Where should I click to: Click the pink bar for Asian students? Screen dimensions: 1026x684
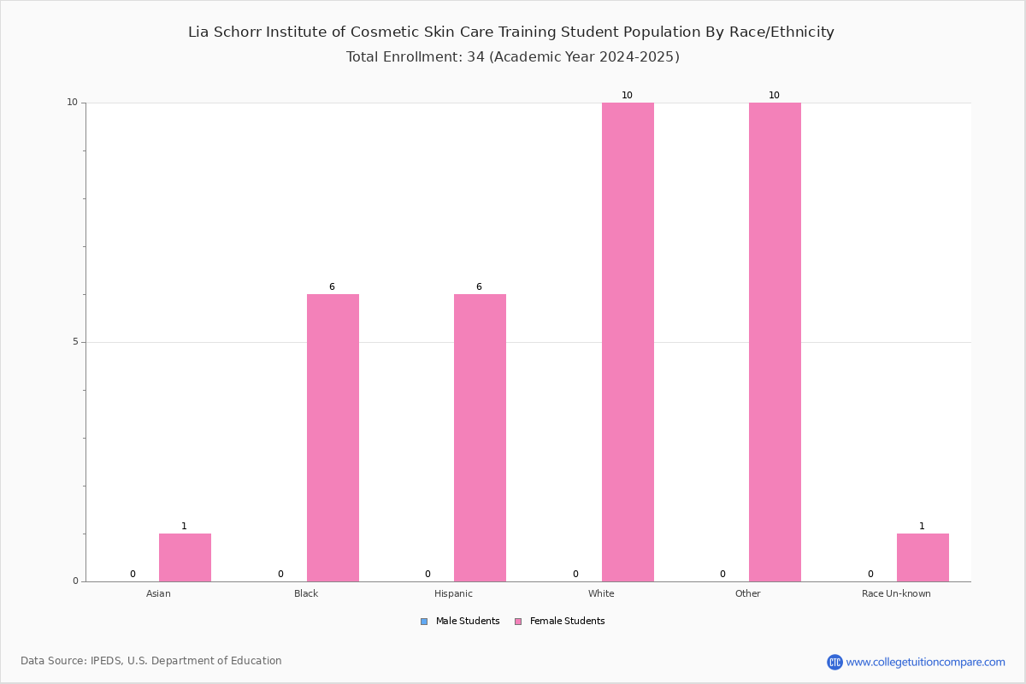point(185,557)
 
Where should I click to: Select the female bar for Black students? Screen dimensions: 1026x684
point(333,438)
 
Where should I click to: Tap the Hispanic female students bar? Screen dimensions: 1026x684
point(480,438)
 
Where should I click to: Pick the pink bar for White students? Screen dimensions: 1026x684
point(628,342)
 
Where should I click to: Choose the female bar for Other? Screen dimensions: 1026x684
point(775,342)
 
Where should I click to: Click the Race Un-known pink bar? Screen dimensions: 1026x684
point(923,557)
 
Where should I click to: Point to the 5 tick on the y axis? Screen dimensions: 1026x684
point(75,342)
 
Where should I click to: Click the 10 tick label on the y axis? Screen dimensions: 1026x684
point(73,102)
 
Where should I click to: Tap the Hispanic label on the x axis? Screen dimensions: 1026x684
point(453,593)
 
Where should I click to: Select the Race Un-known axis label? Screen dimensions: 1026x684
point(896,593)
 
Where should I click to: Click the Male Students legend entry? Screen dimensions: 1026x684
point(460,622)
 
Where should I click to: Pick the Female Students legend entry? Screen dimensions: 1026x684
point(560,622)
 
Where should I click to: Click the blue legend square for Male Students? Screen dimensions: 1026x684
point(424,622)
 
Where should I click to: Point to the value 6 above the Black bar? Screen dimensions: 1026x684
point(332,286)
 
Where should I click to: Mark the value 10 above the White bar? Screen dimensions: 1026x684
point(627,95)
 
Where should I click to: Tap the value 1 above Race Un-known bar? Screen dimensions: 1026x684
point(922,526)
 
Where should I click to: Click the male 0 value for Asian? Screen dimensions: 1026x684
point(133,574)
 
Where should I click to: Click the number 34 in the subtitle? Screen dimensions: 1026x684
point(476,56)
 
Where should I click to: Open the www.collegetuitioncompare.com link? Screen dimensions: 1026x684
point(926,663)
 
